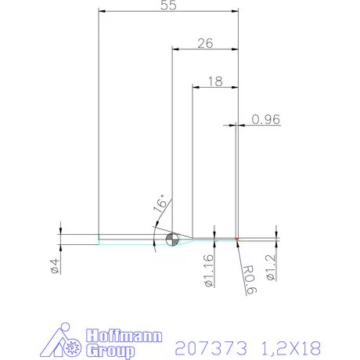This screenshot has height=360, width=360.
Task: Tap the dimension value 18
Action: pos(215,81)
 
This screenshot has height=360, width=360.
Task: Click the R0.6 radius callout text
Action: pos(248,279)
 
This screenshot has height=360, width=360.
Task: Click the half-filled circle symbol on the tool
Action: pos(172,239)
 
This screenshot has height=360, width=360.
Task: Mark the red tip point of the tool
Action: pos(236,239)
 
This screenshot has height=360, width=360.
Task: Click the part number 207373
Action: pos(206,345)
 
